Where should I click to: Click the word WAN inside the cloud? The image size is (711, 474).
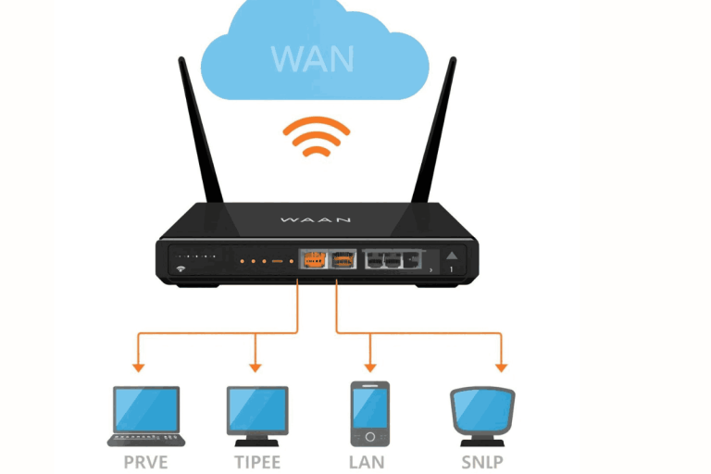coord(313,56)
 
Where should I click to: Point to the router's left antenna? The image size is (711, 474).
coord(200,139)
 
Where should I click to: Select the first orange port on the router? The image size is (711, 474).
coord(313,261)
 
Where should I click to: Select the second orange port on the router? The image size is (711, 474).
coord(343,261)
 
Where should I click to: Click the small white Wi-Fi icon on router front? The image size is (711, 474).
coord(179,270)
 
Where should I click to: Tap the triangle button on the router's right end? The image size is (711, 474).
coord(453,256)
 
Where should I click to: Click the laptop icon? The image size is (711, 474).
coord(146,414)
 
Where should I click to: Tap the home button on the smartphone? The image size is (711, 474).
coord(370,436)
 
